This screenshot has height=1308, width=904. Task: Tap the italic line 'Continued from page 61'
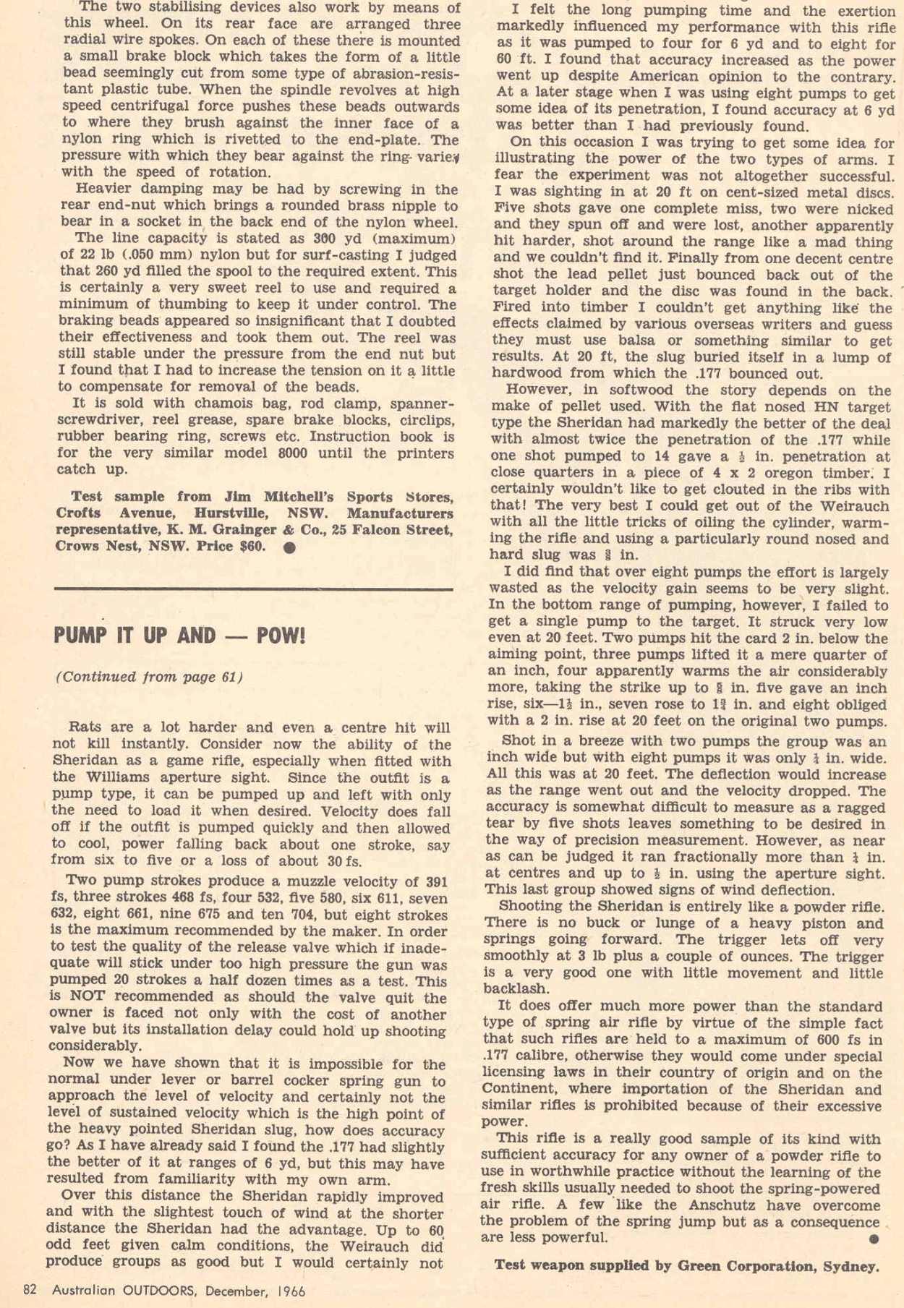[x=149, y=677]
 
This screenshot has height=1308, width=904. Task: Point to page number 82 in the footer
[x=30, y=1291]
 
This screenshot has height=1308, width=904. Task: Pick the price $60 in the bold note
[x=251, y=547]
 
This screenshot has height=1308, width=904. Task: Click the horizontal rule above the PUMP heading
[x=253, y=589]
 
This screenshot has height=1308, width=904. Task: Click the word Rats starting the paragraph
[x=84, y=728]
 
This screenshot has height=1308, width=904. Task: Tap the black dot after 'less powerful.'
[x=874, y=1239]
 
